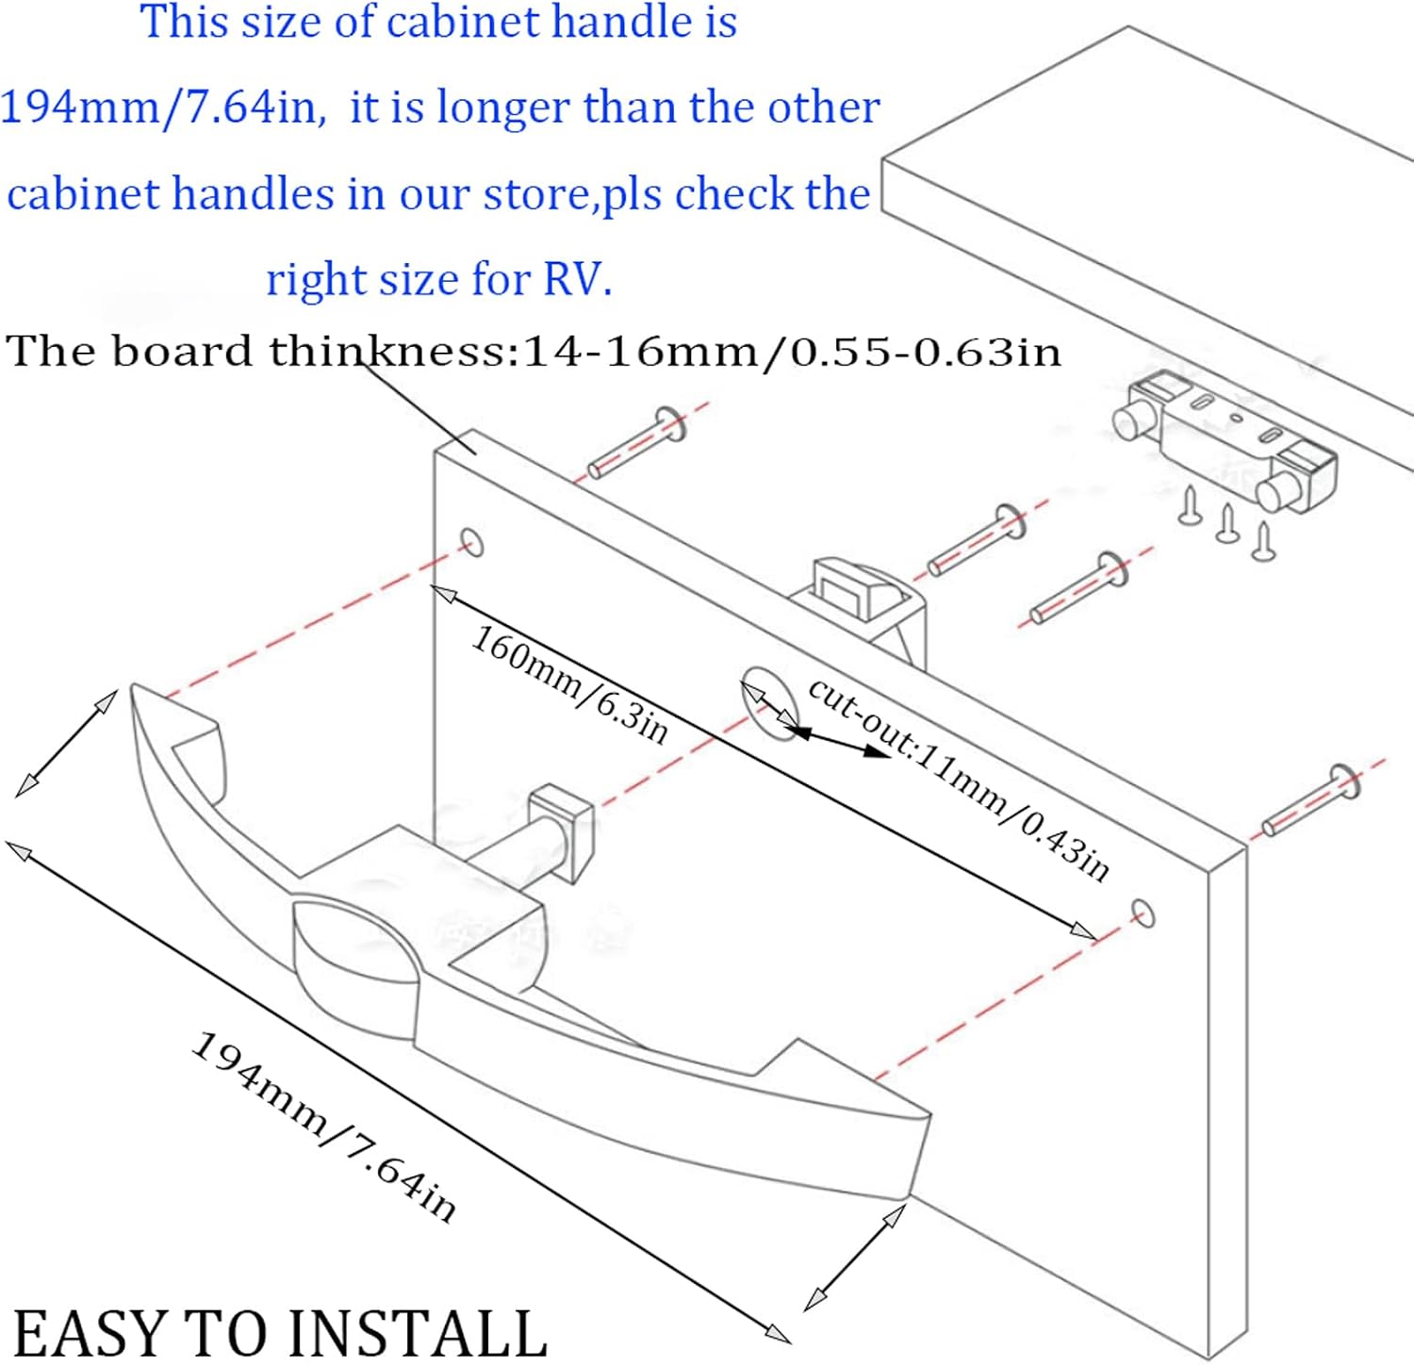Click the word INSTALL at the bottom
416,1333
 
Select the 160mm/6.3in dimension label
569,683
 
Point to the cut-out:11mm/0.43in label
959,779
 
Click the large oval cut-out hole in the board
769,702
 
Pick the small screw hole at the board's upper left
471,543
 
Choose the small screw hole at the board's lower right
1143,913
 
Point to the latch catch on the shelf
1225,441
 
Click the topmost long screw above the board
637,441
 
